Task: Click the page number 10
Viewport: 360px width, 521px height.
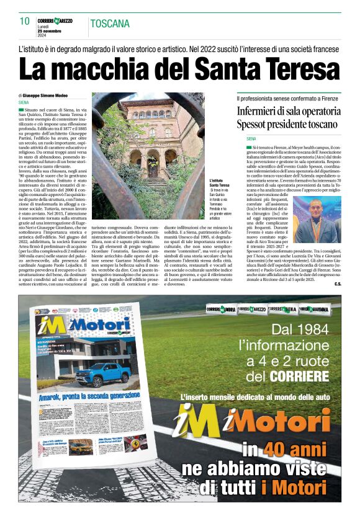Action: (25, 22)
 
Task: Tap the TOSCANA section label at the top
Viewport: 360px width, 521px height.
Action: (110, 24)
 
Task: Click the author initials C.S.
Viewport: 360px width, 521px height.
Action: (337, 284)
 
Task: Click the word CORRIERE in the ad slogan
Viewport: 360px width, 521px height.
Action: (299, 376)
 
